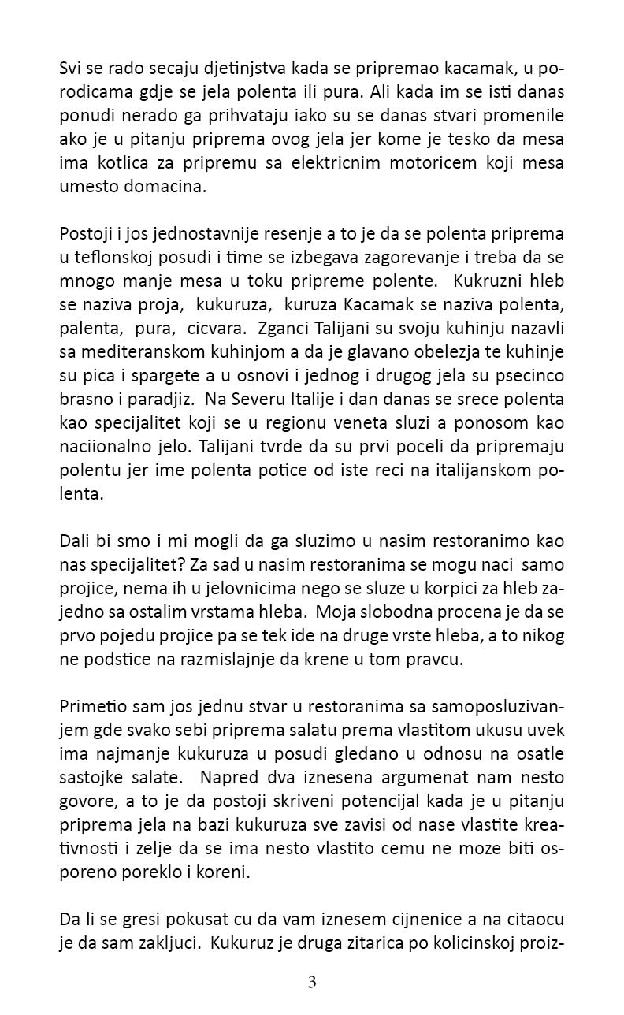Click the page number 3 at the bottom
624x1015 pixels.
click(312, 982)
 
